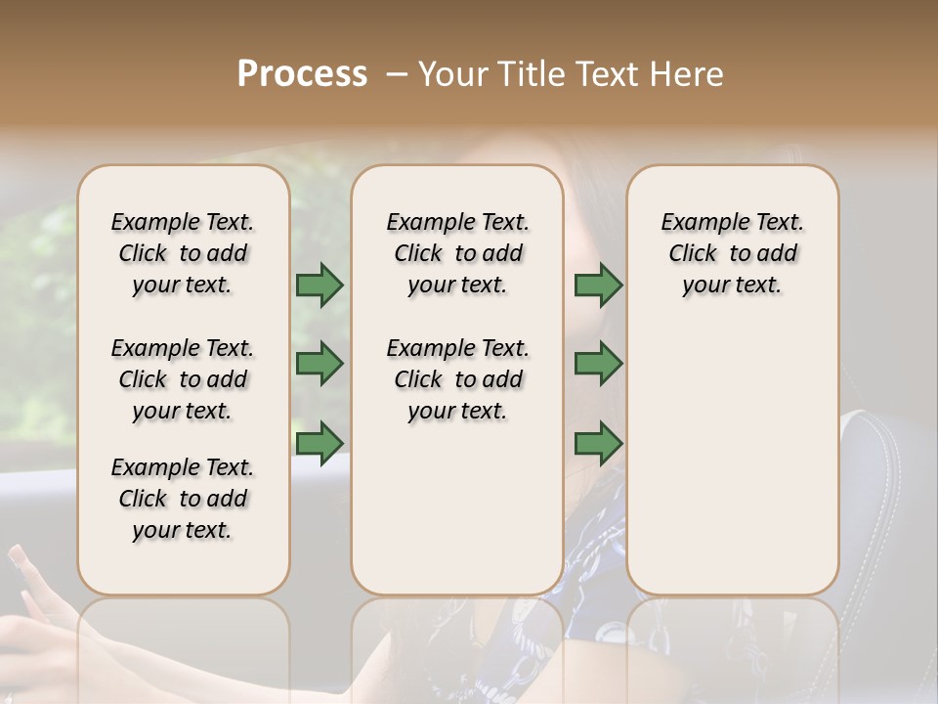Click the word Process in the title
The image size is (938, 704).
point(302,74)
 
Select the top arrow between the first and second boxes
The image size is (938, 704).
point(320,286)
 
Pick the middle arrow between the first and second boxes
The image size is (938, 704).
point(320,364)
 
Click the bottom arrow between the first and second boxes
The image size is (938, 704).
point(320,443)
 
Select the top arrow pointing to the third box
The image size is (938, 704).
point(598,286)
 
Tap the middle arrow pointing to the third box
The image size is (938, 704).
point(598,364)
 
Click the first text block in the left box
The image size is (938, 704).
point(183,253)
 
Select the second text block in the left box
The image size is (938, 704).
point(183,379)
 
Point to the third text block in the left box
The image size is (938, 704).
point(183,499)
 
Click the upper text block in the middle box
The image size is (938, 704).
point(457,253)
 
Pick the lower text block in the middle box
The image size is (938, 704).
point(457,379)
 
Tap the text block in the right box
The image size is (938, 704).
point(732,253)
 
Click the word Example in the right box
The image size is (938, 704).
point(697,223)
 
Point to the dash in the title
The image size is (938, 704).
point(397,74)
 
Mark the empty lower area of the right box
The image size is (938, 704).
point(732,450)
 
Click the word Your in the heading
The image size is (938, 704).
point(449,74)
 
